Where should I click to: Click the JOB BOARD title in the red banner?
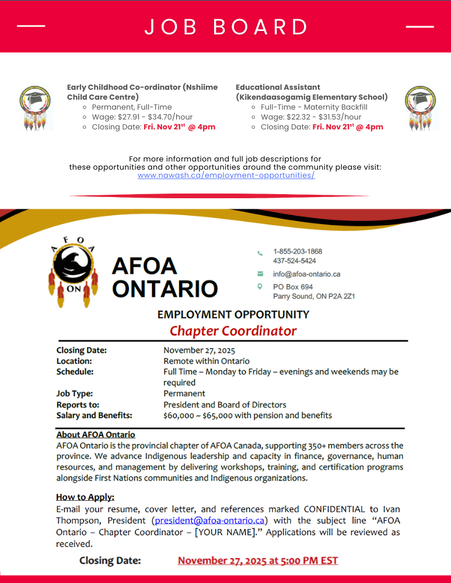[226, 27]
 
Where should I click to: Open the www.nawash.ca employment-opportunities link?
[226, 175]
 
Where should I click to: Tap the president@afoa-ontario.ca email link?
[210, 521]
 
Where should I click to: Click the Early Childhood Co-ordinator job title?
[142, 92]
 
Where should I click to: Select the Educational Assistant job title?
[312, 92]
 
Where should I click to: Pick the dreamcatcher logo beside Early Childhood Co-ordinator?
[35, 108]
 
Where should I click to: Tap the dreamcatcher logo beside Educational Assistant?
[421, 108]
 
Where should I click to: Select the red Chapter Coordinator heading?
[233, 331]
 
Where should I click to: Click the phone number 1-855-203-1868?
[298, 251]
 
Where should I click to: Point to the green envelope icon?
[260, 274]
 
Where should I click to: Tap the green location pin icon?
[260, 287]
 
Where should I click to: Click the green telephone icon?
[260, 253]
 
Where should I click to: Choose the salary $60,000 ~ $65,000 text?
[247, 416]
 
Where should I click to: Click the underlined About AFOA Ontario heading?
[96, 435]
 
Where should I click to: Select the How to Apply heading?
[85, 497]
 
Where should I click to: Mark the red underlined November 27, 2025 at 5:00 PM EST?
[258, 561]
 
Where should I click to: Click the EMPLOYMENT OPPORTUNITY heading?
[233, 315]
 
